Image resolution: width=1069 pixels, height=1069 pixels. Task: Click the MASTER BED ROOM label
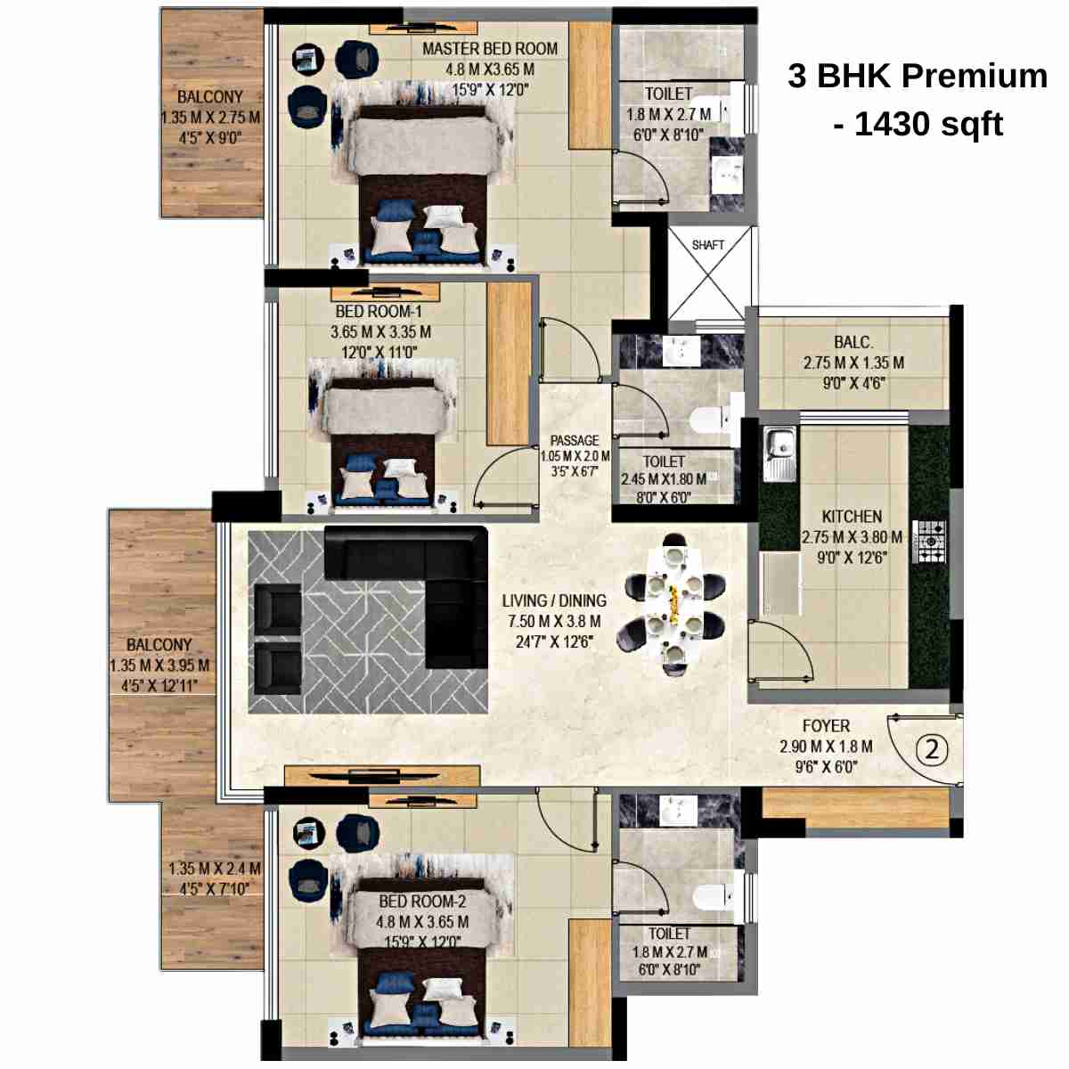point(489,49)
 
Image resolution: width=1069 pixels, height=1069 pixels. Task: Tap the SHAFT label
point(708,244)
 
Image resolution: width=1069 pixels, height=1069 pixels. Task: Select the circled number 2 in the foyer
point(932,749)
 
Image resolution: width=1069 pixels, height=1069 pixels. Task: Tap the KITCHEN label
point(852,517)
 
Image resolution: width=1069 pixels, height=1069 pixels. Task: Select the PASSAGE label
point(575,440)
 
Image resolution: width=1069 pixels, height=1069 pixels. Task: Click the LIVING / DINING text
point(554,600)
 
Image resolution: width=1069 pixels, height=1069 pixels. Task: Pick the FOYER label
point(826,726)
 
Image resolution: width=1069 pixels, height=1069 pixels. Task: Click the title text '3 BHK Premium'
point(917,76)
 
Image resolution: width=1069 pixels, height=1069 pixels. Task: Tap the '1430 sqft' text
point(928,124)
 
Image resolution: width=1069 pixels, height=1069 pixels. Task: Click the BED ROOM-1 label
point(379,312)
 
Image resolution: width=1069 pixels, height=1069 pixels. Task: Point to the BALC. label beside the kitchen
point(853,342)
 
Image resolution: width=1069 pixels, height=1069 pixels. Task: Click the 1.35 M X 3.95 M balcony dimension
point(159,665)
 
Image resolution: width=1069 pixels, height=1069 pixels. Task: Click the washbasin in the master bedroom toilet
point(729,174)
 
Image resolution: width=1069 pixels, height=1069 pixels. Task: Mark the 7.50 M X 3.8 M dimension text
point(554,621)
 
